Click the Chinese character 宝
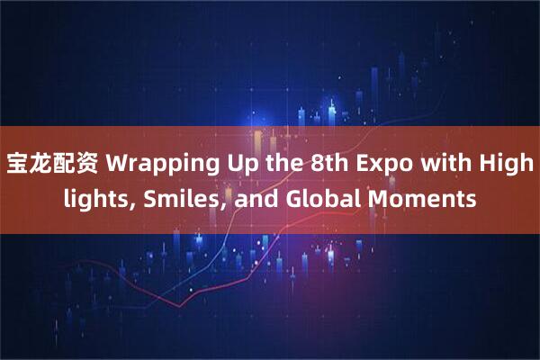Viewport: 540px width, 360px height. tap(18, 166)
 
